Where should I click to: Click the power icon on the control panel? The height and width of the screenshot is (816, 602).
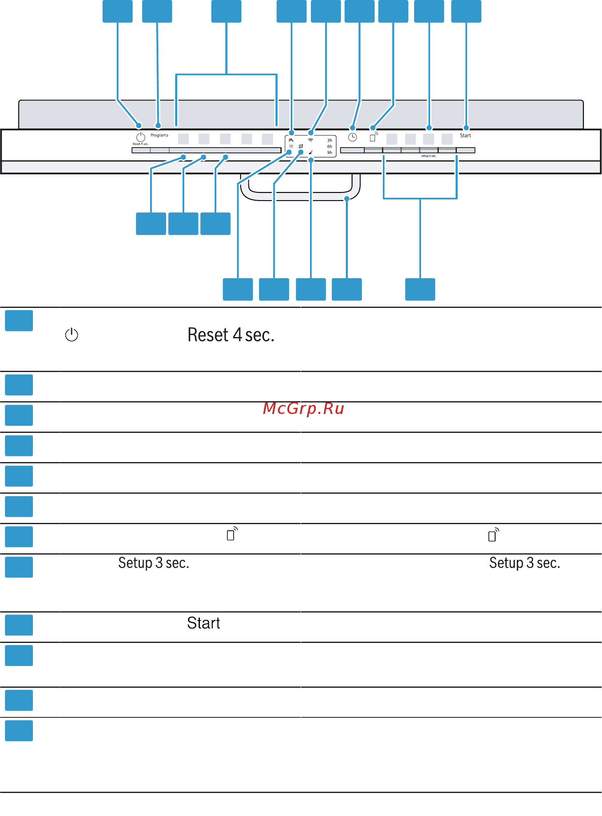[x=141, y=137]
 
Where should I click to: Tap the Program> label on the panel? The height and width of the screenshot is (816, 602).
[x=159, y=135]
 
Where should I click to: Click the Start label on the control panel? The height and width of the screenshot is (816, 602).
[x=465, y=136]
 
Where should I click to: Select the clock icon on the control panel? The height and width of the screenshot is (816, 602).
[x=352, y=138]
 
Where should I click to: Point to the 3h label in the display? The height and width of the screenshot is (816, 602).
[x=330, y=141]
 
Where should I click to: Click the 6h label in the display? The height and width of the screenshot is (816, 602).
[x=330, y=147]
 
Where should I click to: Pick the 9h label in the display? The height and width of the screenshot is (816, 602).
[x=330, y=153]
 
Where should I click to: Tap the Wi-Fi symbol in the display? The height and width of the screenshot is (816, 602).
[x=311, y=140]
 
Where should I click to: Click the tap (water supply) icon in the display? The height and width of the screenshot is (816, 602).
[x=291, y=140]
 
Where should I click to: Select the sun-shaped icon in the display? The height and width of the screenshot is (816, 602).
[x=291, y=146]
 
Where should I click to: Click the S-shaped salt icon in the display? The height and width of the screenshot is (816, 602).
[x=301, y=146]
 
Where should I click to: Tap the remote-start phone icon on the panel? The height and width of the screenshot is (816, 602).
[x=373, y=137]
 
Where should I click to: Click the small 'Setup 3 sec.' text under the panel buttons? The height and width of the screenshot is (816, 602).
[x=428, y=156]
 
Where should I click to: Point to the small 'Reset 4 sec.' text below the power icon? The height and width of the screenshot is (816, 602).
[x=141, y=144]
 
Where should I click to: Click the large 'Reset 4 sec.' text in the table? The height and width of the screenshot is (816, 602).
[x=231, y=335]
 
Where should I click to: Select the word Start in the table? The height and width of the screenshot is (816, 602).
[x=204, y=623]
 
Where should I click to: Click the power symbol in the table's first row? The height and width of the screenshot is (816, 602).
[x=72, y=335]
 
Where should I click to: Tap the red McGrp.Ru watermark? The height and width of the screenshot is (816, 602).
[x=303, y=409]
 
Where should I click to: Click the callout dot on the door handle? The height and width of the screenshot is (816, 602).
[x=347, y=199]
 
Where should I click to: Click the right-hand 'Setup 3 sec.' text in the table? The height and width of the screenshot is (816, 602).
[x=525, y=563]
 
